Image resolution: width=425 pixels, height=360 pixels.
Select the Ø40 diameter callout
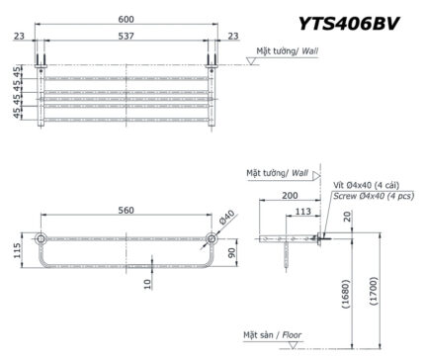coord(227,219)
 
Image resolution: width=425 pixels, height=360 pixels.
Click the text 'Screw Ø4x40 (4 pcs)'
coord(374,197)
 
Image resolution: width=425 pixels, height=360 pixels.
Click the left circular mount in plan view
coord(42,238)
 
